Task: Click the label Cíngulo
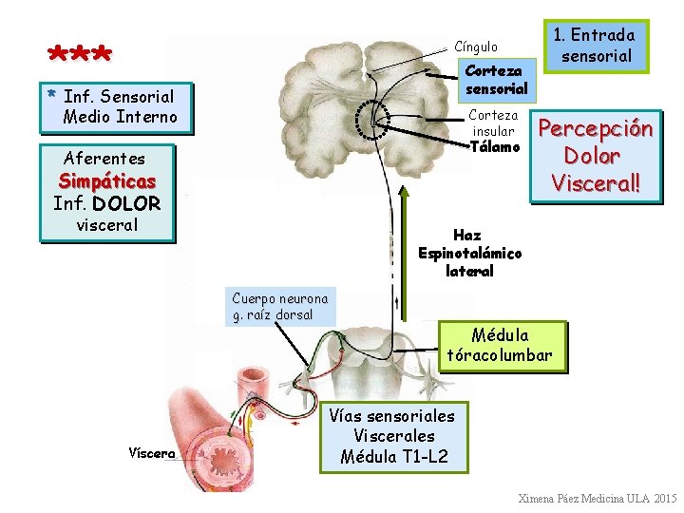tap(475, 47)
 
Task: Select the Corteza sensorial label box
tap(494, 80)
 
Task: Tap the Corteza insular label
tap(493, 123)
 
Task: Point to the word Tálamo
tap(495, 147)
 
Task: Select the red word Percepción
tap(596, 128)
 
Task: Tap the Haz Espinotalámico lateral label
tap(469, 253)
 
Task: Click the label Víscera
tap(152, 453)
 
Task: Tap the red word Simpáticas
tap(107, 180)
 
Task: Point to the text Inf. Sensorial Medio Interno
tap(119, 106)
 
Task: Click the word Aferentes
tap(104, 159)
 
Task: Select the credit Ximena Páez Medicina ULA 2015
tap(598, 499)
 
